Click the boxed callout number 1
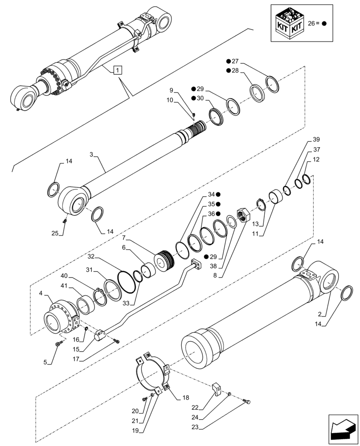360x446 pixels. click(117, 69)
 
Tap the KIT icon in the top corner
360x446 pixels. click(290, 24)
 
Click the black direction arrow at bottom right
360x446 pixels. click(342, 429)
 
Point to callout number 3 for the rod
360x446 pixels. click(91, 155)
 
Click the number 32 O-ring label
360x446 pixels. click(91, 257)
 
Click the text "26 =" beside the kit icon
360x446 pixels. click(316, 24)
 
